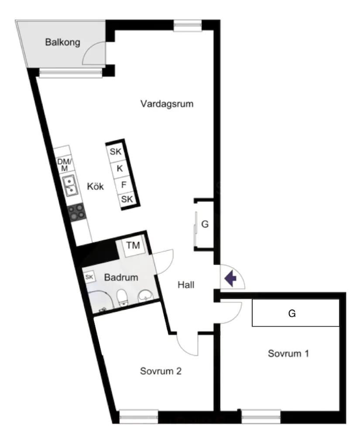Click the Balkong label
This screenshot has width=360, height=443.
point(63,43)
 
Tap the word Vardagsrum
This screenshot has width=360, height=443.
point(167,104)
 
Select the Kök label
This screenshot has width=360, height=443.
point(95,186)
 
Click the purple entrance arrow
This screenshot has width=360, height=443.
point(230,278)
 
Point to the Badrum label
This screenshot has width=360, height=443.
point(121,277)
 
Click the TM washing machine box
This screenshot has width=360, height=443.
point(133,245)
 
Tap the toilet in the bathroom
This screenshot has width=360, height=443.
point(122,298)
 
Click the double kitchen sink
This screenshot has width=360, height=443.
point(69,185)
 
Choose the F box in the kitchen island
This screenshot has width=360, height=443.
point(123,184)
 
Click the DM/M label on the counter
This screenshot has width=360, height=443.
point(63,164)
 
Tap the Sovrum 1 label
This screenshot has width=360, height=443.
point(288,353)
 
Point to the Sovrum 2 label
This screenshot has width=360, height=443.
point(161,371)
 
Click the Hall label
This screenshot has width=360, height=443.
point(186,285)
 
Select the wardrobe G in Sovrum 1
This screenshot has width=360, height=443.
point(295,313)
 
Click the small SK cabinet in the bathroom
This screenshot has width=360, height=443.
point(89,277)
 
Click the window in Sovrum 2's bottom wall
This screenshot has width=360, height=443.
point(139,416)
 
